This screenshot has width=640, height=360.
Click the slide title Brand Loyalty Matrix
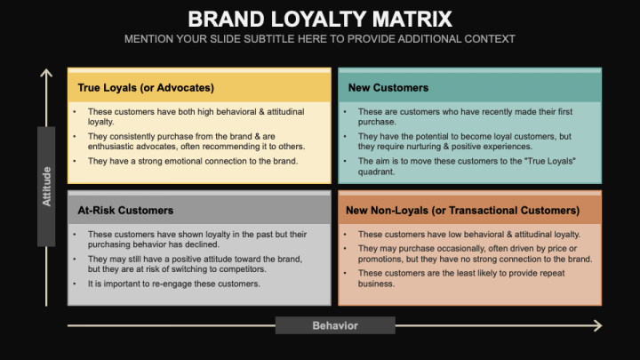tap(320, 20)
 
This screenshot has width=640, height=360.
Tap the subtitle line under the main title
tap(320, 39)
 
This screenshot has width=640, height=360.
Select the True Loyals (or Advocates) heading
tap(146, 88)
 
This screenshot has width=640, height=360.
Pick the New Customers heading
tap(388, 88)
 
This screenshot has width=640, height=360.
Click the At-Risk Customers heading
tap(125, 211)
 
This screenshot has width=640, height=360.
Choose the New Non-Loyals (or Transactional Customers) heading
tap(462, 211)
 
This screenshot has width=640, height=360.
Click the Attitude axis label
tap(47, 187)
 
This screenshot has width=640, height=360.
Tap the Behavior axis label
tap(335, 325)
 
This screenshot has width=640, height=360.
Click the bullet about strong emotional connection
tap(192, 161)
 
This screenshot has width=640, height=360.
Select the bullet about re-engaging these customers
tap(173, 284)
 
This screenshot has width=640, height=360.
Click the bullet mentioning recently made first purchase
tap(466, 116)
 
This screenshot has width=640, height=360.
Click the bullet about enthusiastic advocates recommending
tap(196, 141)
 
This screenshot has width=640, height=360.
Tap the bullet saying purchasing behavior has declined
tap(196, 239)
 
